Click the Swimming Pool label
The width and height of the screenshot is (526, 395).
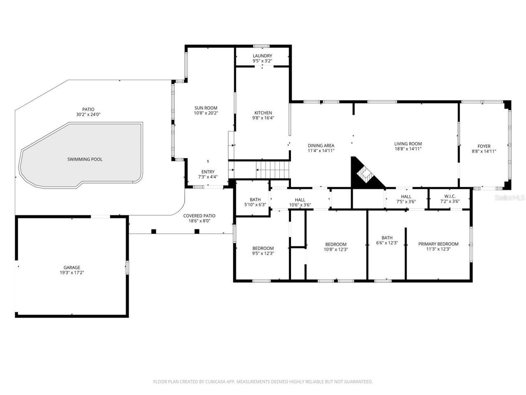point(85,159)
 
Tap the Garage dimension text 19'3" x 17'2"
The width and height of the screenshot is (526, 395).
point(72,272)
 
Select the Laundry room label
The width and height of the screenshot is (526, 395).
point(262,56)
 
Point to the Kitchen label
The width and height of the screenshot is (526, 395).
point(263,113)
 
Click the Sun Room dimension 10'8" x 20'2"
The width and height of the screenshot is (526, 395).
point(205,113)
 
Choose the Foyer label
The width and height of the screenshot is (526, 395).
point(484,146)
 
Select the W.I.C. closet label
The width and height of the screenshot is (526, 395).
point(450,196)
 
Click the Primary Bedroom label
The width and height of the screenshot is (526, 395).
point(438,244)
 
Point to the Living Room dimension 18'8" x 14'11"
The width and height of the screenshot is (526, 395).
point(408,149)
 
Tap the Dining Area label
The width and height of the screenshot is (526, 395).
point(321,145)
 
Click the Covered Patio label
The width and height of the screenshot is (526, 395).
point(199,216)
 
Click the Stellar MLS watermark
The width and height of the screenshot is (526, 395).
point(510,198)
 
